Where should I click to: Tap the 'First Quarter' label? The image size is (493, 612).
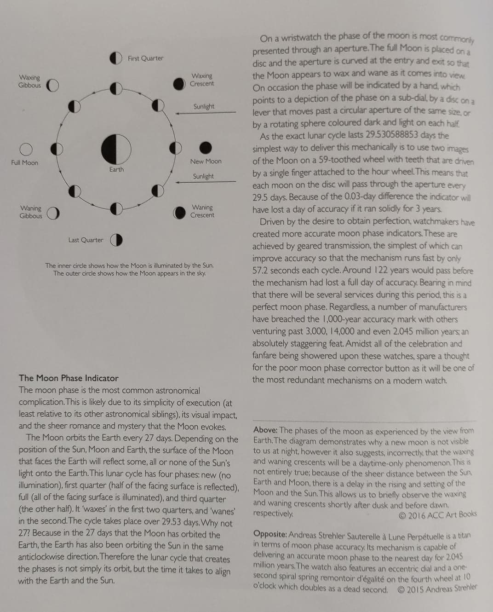(145, 58)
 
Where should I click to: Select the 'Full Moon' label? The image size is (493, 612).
(25, 163)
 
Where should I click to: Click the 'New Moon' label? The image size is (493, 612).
(206, 162)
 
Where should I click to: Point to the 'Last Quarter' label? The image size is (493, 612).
(86, 240)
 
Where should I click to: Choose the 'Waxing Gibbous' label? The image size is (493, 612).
(29, 81)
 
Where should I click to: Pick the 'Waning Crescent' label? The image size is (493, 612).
(202, 211)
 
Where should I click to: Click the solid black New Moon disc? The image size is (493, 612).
(206, 148)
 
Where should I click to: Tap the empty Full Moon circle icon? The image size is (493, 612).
(26, 149)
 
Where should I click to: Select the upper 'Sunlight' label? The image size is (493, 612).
(204, 106)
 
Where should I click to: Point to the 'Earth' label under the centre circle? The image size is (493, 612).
(116, 169)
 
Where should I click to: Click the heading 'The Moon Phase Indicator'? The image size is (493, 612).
(69, 378)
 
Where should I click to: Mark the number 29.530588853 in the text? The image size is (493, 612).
(392, 135)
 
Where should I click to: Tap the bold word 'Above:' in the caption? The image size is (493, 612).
(265, 430)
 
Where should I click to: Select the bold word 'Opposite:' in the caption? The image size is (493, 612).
(270, 535)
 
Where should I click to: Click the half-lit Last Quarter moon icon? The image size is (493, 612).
(116, 240)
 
